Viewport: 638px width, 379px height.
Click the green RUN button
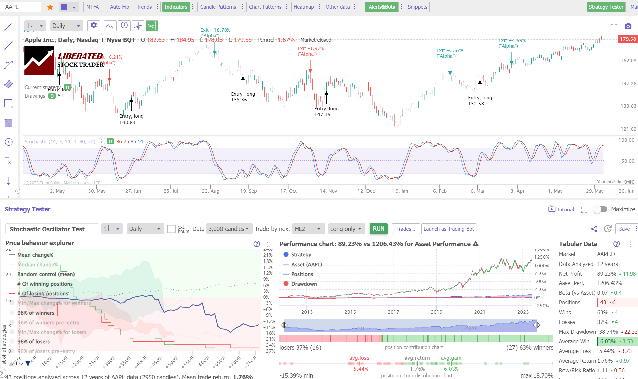[378, 229]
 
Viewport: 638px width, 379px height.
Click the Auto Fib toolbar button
[119, 7]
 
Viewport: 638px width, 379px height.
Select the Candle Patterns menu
[218, 7]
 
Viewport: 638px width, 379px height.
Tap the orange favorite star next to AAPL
[50, 7]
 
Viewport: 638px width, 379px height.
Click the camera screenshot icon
[628, 26]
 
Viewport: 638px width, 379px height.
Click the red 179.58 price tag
[628, 39]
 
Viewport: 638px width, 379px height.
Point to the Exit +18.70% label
[215, 30]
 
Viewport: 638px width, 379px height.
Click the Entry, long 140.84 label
[131, 119]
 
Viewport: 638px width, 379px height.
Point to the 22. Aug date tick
[210, 191]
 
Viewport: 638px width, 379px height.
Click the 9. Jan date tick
[402, 191]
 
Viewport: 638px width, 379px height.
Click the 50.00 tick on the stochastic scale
[628, 161]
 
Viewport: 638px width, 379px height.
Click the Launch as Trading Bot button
[448, 229]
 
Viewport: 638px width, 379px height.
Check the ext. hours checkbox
[171, 229]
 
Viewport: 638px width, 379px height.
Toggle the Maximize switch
[600, 209]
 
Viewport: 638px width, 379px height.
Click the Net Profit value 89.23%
[606, 274]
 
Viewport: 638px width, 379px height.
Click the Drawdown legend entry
[304, 284]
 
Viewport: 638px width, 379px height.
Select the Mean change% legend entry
[35, 255]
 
